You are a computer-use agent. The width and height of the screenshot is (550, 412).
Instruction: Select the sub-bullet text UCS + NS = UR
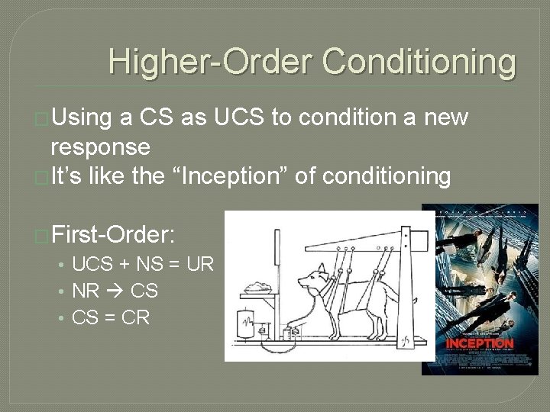click(x=143, y=265)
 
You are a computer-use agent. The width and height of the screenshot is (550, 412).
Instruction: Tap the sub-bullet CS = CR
click(x=110, y=316)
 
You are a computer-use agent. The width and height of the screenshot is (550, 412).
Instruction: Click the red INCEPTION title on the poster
click(x=480, y=343)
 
